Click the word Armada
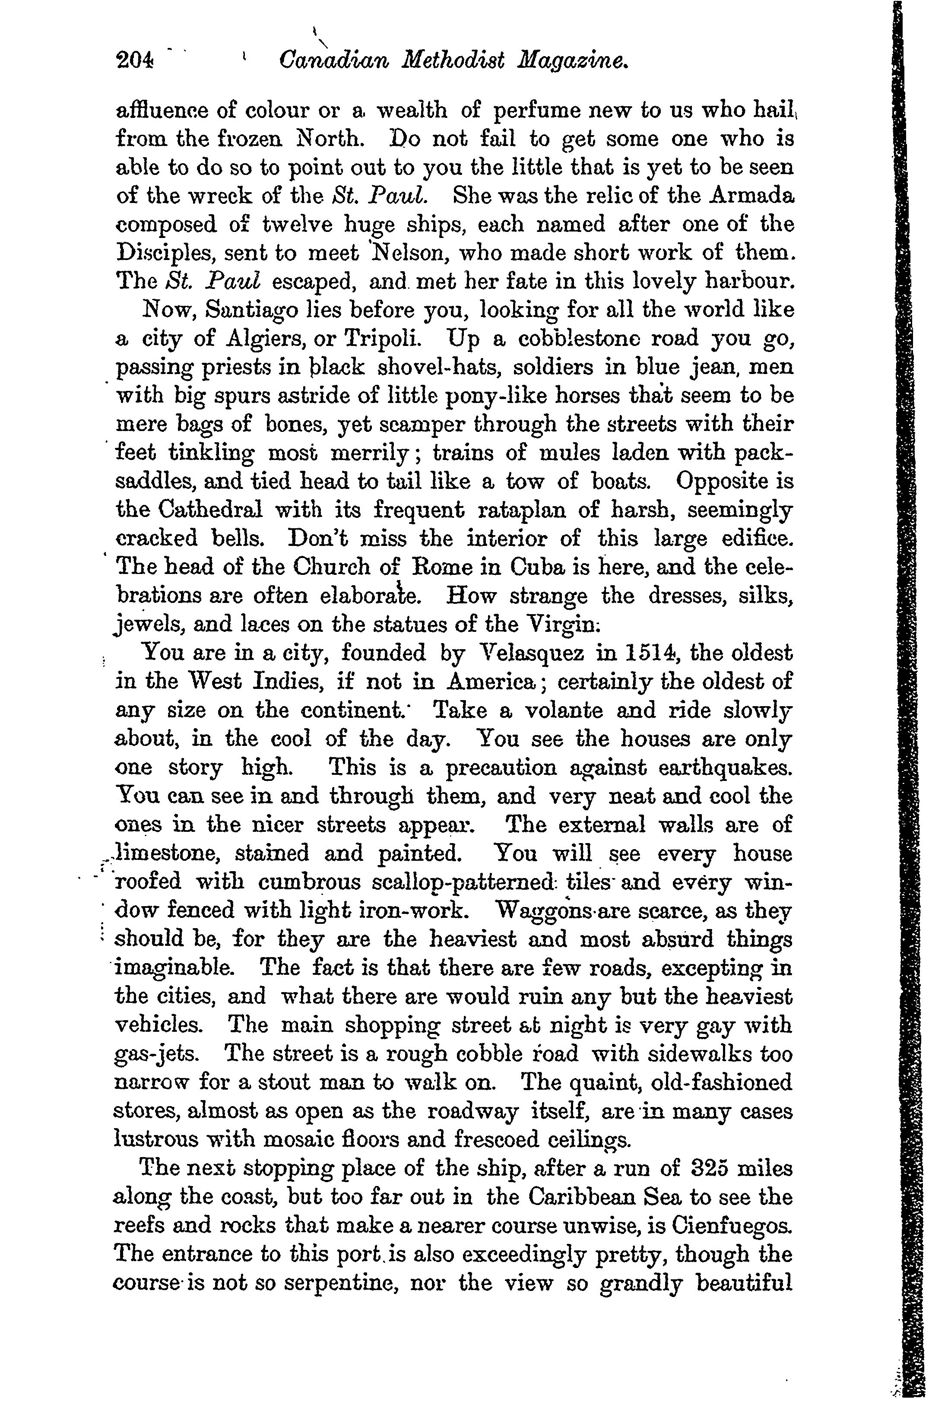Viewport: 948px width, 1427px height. pos(752,196)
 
